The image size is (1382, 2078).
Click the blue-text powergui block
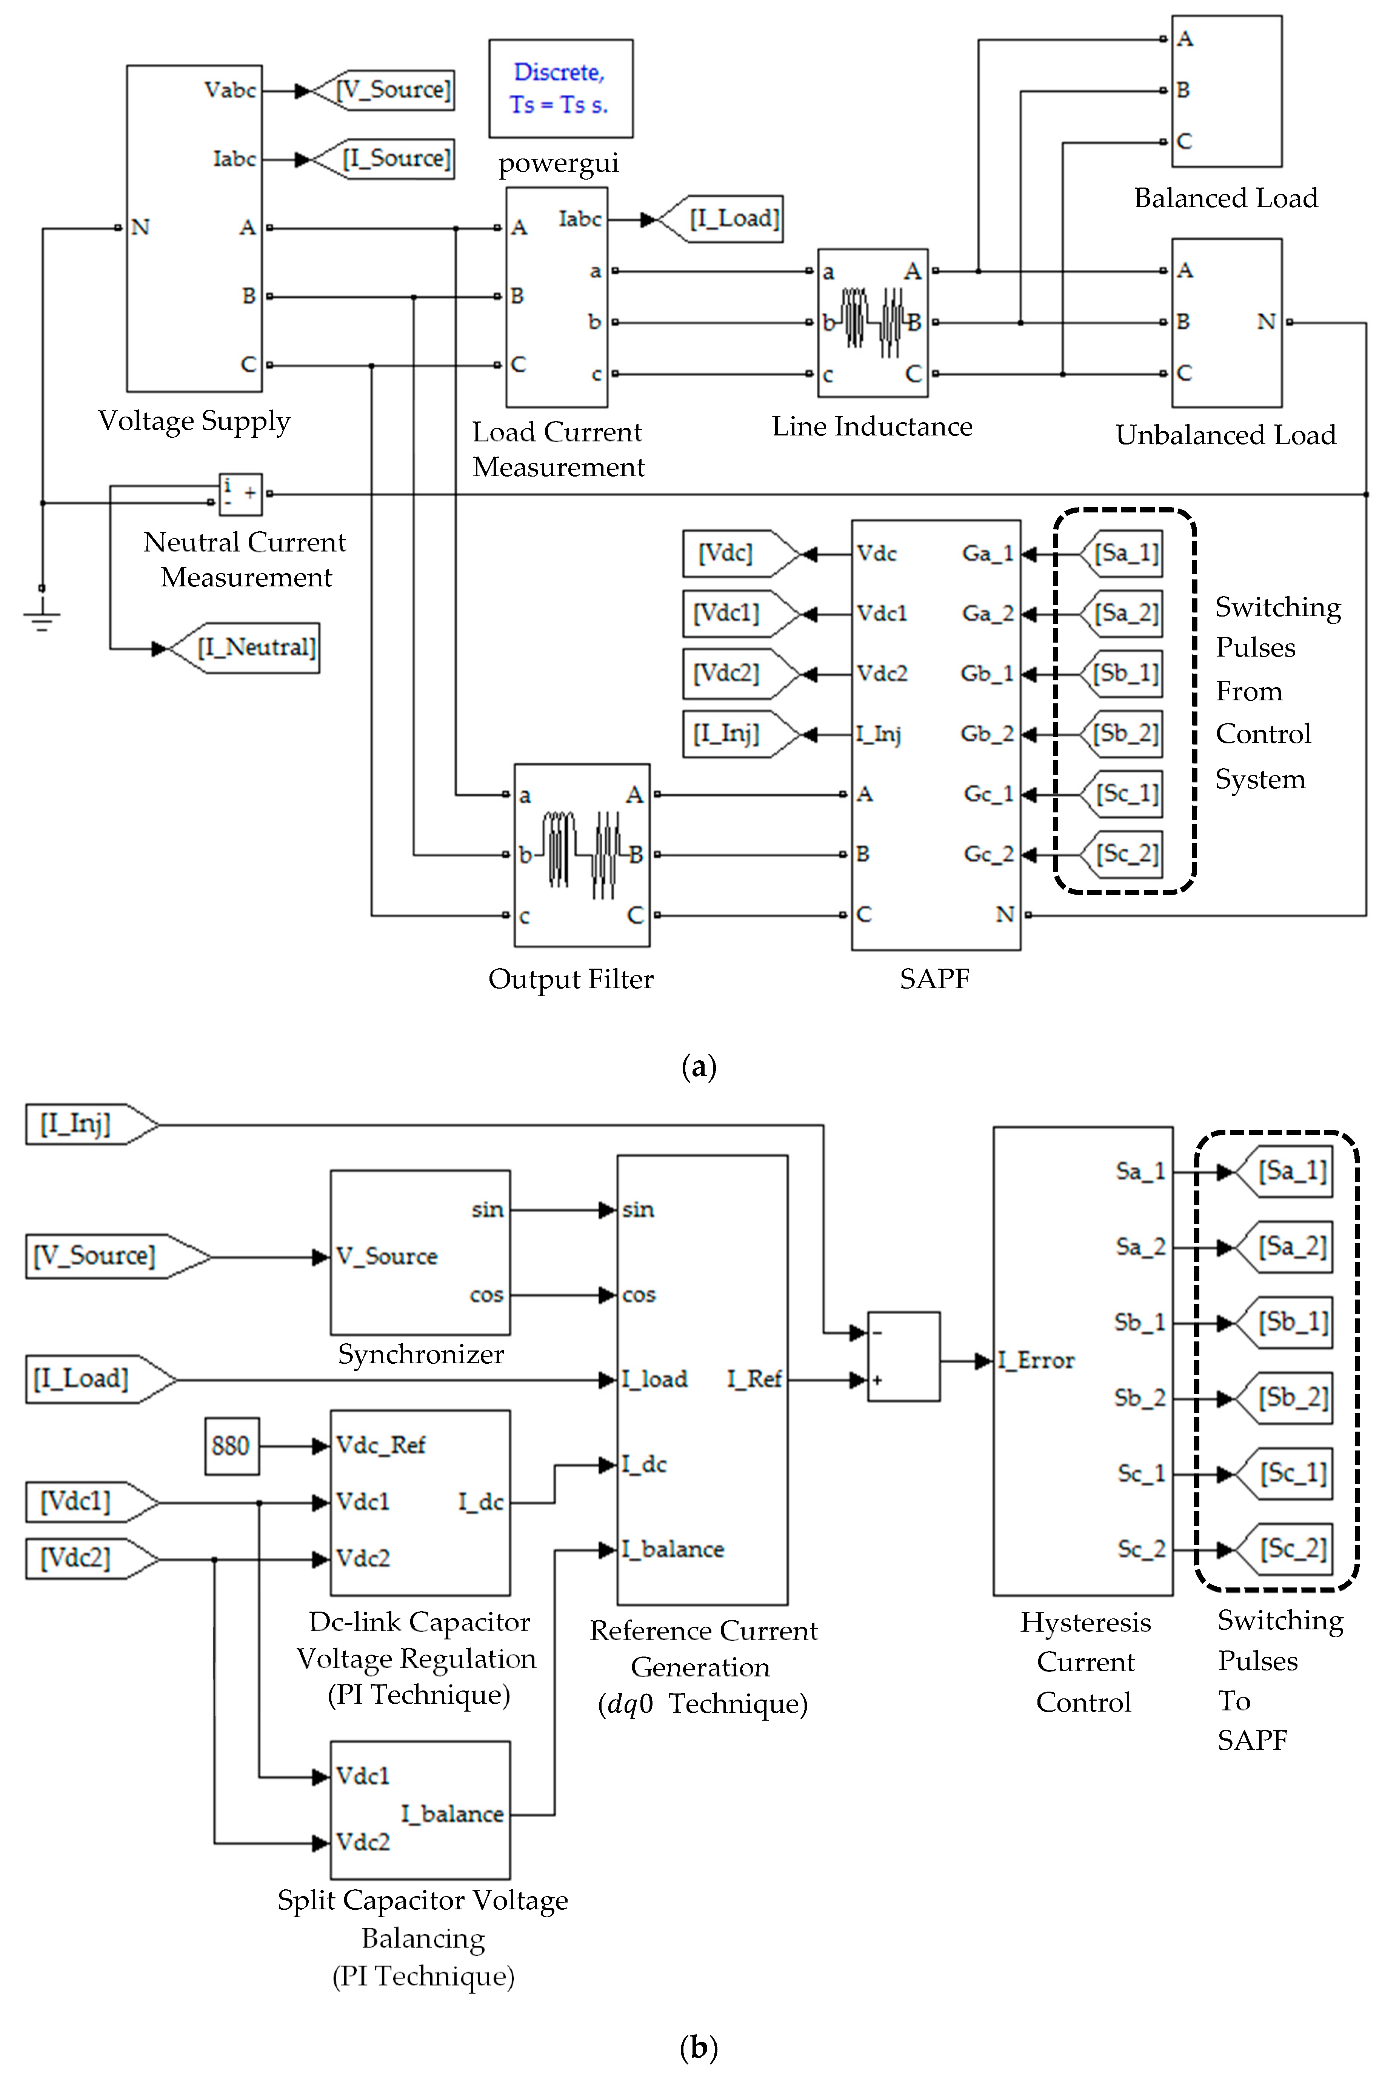pyautogui.click(x=560, y=88)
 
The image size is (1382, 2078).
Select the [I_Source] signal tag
pyautogui.click(x=397, y=158)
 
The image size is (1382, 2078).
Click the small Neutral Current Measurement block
pyautogui.click(x=240, y=494)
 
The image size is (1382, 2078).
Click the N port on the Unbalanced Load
pyautogui.click(x=1266, y=323)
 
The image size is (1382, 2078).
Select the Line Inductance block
pyautogui.click(x=873, y=323)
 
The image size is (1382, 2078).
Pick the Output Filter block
pyautogui.click(x=582, y=855)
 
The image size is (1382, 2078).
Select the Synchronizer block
pyautogui.click(x=420, y=1251)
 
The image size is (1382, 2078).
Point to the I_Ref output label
pyautogui.click(x=754, y=1379)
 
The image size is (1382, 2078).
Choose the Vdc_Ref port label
pyautogui.click(x=381, y=1445)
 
